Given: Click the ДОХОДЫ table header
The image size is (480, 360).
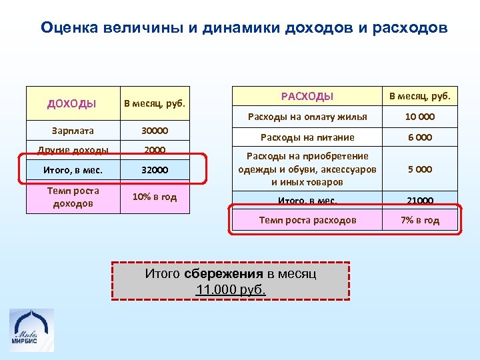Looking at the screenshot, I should (72, 103).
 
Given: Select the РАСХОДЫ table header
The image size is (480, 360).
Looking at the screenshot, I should (307, 97).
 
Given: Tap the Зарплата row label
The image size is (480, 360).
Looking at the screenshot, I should (73, 131).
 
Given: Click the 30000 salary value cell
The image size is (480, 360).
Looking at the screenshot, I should (155, 131).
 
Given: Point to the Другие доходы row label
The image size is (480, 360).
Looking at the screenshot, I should (73, 150).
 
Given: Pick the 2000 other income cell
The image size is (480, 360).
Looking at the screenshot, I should (155, 150).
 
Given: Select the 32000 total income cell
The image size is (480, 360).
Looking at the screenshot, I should (155, 170).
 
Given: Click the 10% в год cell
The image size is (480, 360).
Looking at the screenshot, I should (155, 197).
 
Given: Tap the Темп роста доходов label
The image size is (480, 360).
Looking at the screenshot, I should (73, 197).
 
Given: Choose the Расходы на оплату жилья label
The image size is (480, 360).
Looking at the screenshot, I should (307, 117).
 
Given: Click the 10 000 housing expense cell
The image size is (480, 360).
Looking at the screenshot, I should (420, 117).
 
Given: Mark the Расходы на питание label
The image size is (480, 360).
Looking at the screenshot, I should (307, 137).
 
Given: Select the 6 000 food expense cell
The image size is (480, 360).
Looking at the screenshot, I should (420, 137).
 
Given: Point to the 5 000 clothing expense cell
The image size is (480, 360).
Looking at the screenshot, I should (420, 169).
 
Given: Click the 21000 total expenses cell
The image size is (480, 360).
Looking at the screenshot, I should (420, 200).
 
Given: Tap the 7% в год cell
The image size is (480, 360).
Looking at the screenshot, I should (420, 220).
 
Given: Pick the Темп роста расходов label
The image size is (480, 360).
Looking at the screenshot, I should (307, 220).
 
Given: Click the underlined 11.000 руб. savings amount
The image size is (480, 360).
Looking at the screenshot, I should (231, 289).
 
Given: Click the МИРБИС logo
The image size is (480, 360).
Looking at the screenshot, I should (31, 330).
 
